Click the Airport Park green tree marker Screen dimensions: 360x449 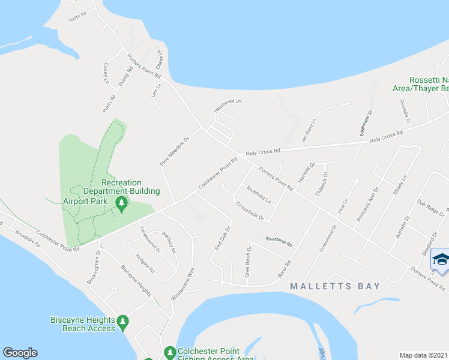122,205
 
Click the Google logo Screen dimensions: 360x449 20,353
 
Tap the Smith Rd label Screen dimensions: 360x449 77,16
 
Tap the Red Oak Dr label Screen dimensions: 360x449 223,238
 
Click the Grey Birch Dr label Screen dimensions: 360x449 247,264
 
